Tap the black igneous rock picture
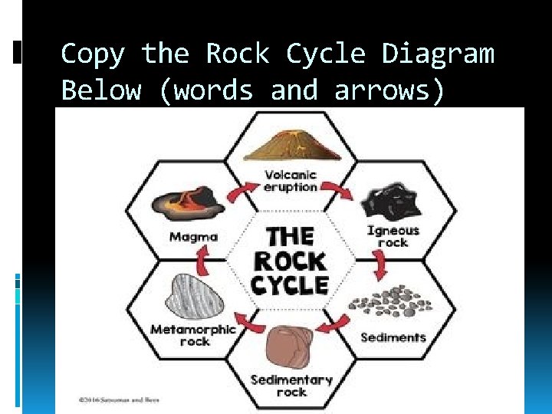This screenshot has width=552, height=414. pyautogui.click(x=393, y=201)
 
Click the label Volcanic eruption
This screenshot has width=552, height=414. pyautogui.click(x=291, y=181)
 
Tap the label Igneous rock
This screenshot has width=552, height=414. pyautogui.click(x=393, y=235)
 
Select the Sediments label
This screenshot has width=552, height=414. pyautogui.click(x=393, y=337)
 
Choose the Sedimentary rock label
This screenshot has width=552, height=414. pyautogui.click(x=291, y=386)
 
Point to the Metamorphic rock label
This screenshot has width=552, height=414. pyautogui.click(x=193, y=335)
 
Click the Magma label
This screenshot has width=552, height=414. pyautogui.click(x=193, y=237)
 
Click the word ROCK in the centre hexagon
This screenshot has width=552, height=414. pyautogui.click(x=291, y=261)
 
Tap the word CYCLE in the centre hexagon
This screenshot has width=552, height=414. pyautogui.click(x=291, y=285)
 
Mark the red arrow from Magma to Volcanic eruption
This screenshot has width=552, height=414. pyautogui.click(x=245, y=191)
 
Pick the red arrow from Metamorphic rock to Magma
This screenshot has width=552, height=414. pyautogui.click(x=202, y=263)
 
